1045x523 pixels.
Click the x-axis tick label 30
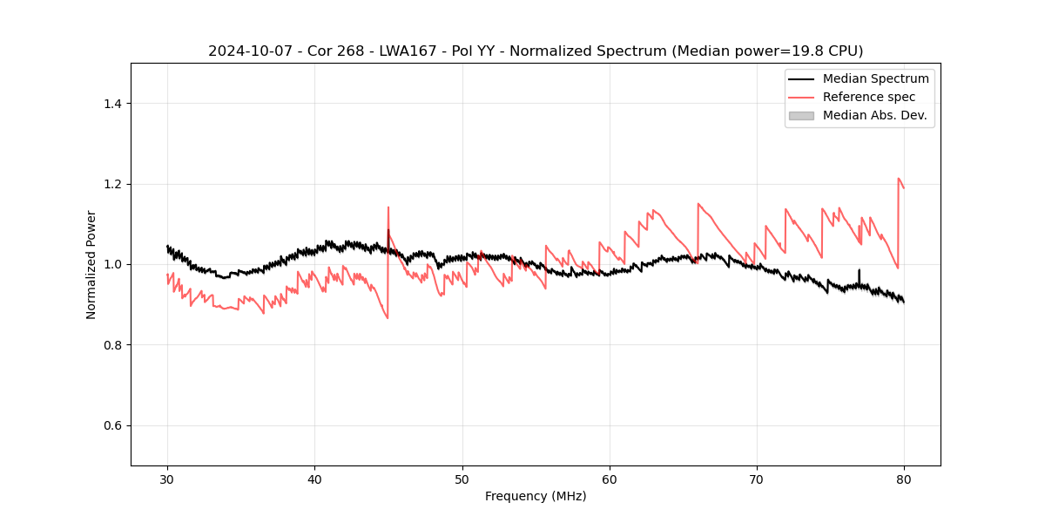167,479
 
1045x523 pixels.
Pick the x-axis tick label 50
462,479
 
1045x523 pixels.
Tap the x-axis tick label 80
904,479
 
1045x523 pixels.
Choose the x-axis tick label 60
610,479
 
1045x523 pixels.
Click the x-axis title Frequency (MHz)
536,496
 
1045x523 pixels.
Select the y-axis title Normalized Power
91,264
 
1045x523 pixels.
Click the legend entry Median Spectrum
875,78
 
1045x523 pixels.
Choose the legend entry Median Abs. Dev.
874,115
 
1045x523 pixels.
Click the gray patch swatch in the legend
801,115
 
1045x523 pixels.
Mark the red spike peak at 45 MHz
388,207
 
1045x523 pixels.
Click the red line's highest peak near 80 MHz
899,179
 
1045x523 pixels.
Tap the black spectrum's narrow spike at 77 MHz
859,270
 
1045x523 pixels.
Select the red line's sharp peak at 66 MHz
698,204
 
